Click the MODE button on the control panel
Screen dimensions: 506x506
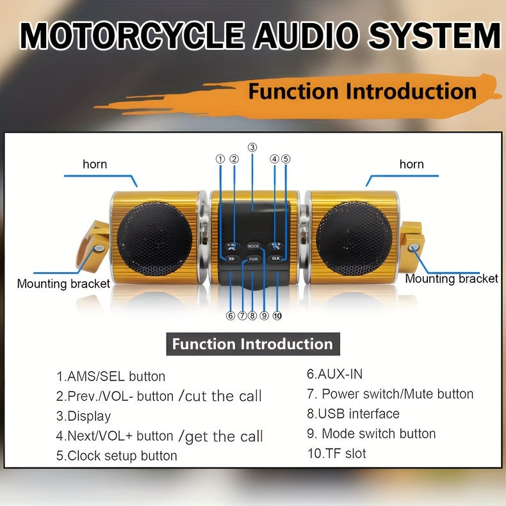(254, 246)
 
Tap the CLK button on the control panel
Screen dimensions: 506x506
(276, 258)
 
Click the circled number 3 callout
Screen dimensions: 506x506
(252, 147)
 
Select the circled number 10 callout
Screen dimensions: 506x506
(277, 315)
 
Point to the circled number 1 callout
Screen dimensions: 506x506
(220, 159)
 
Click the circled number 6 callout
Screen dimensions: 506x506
(230, 315)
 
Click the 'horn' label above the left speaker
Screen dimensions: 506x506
(95, 165)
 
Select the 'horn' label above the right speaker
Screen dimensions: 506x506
(411, 165)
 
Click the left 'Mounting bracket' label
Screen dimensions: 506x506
(63, 283)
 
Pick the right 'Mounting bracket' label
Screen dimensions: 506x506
(452, 279)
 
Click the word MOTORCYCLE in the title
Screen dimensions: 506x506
(133, 37)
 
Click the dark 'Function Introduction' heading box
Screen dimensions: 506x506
(252, 344)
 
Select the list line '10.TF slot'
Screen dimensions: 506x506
(336, 453)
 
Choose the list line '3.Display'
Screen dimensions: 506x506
(83, 416)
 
